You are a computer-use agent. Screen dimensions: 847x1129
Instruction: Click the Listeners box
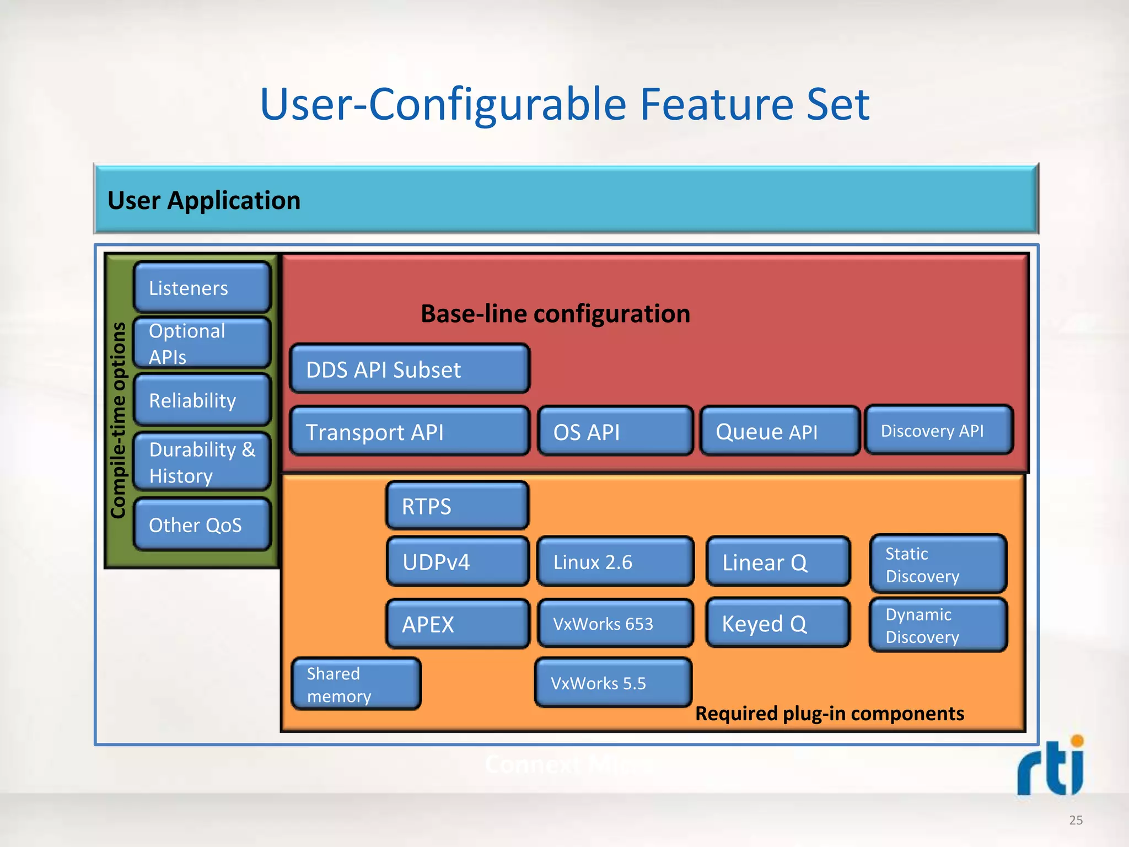point(202,288)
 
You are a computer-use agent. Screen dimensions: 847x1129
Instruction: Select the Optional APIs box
point(202,343)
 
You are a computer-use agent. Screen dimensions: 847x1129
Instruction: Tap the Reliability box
point(202,400)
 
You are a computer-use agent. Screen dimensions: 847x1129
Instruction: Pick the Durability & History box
point(202,462)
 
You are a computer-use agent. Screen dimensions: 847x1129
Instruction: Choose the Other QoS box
point(202,524)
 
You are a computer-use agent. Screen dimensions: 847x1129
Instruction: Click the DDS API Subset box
point(409,369)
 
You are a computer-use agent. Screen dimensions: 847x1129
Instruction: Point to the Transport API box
point(409,431)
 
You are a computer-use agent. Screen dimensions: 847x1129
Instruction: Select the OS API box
point(615,431)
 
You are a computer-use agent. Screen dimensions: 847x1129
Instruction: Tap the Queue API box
point(779,431)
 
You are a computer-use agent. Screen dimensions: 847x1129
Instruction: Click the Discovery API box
point(938,430)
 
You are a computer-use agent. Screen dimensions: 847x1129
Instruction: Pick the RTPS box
point(457,506)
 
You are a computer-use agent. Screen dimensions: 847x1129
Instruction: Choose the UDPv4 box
point(457,562)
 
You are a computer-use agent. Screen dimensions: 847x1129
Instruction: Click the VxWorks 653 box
point(615,624)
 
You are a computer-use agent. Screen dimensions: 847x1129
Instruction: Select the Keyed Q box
point(777,623)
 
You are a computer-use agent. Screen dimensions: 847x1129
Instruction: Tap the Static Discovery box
point(938,564)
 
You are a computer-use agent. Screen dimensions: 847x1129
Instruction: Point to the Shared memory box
point(356,684)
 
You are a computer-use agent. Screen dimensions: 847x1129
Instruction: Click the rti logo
point(1050,766)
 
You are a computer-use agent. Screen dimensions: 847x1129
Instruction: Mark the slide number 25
point(1076,820)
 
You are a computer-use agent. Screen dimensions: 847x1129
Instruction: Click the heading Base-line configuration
point(555,314)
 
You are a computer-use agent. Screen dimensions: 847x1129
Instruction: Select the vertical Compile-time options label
point(119,420)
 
